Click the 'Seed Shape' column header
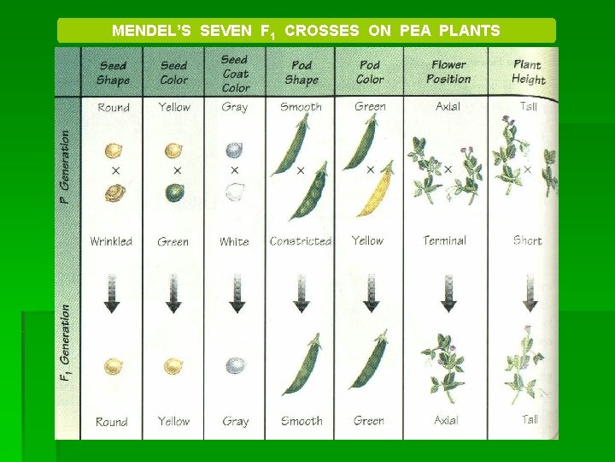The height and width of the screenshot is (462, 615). tap(113, 73)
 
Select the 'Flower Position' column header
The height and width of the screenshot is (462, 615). tap(448, 72)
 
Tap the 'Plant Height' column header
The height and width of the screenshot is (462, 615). tap(529, 72)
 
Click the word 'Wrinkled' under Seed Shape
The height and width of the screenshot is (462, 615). tap(111, 241)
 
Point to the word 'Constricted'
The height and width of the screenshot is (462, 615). tap(300, 241)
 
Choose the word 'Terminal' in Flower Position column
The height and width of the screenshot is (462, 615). tap(445, 240)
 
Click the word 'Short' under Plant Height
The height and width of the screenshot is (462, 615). tap(527, 240)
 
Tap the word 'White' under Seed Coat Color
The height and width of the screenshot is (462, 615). tap(234, 242)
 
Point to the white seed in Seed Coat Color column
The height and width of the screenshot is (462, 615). tap(235, 192)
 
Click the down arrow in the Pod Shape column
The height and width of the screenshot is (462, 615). tap(301, 293)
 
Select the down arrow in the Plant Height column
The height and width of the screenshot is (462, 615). tap(527, 293)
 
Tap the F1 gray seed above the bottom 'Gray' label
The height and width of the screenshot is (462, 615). tap(235, 366)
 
